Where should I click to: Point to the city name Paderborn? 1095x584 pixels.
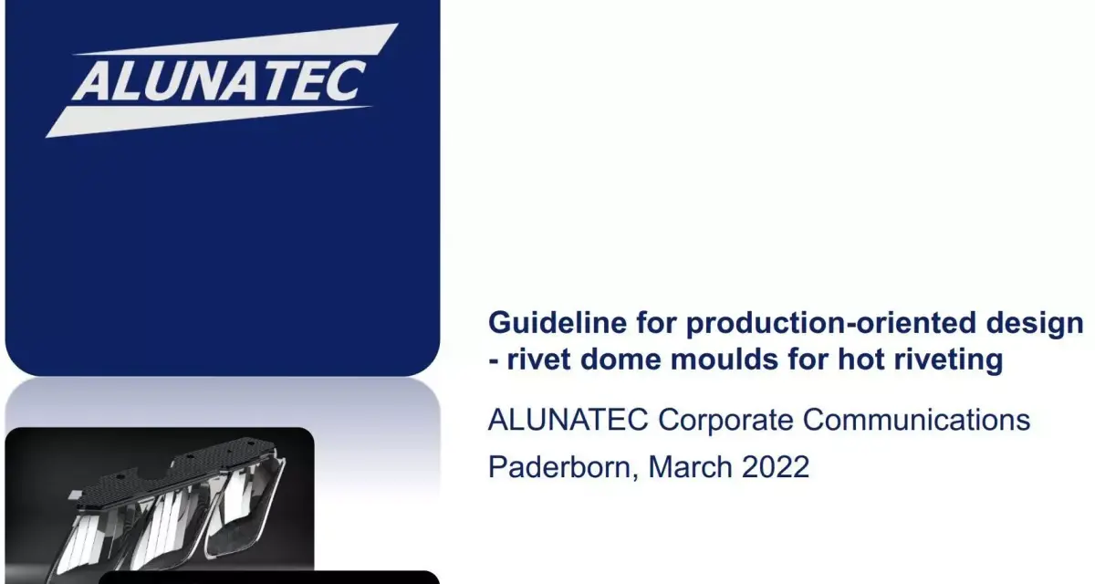tap(563, 466)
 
